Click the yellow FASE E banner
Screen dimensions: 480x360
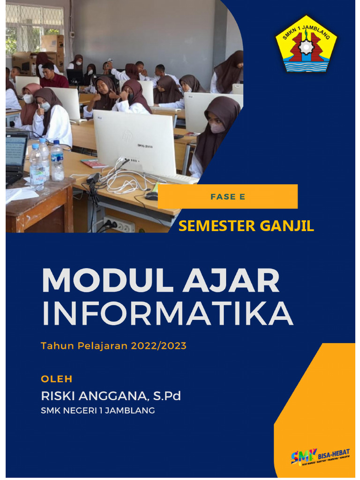coord(228,196)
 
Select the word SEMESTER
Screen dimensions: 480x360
coord(212,226)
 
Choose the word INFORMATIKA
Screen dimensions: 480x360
coord(167,315)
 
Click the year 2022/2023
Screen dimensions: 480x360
coord(159,346)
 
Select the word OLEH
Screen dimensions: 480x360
coord(57,379)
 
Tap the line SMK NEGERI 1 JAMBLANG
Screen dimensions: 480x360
coord(98,411)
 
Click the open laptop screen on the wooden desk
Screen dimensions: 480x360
coord(16,153)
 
